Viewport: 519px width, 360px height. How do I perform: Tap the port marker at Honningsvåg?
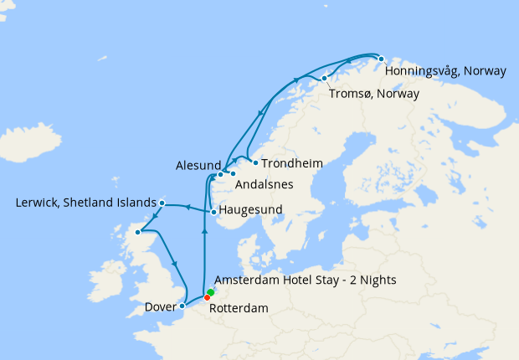[x=381, y=59]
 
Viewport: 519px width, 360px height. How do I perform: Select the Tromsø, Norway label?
[x=373, y=93]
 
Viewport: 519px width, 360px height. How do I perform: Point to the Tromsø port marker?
[x=324, y=79]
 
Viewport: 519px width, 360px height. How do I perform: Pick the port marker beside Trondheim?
[x=255, y=162]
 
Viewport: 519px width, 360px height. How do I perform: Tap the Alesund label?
[x=198, y=165]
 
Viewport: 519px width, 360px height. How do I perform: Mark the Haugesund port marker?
[x=214, y=212]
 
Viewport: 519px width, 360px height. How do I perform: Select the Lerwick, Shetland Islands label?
[x=85, y=203]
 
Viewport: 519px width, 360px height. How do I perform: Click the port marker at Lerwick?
[x=162, y=203]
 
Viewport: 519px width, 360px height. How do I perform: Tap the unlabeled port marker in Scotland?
[x=138, y=232]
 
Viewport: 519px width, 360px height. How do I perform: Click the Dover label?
[x=159, y=306]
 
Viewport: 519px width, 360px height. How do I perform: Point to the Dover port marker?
[x=182, y=306]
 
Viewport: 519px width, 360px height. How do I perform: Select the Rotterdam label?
[x=239, y=309]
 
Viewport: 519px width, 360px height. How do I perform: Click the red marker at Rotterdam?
[x=207, y=297]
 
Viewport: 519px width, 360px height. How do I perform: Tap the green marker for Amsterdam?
[x=210, y=292]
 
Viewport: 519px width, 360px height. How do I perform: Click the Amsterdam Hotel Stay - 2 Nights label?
[x=306, y=280]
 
